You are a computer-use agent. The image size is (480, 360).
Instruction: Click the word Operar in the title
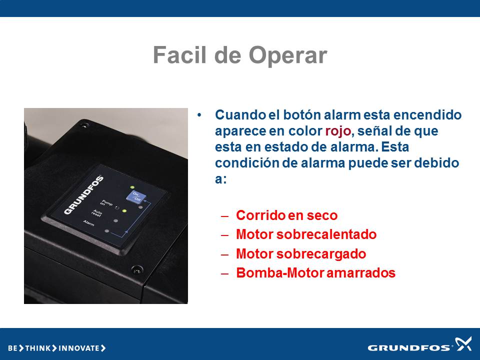pyautogui.click(x=288, y=55)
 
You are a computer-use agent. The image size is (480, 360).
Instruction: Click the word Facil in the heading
pyautogui.click(x=179, y=54)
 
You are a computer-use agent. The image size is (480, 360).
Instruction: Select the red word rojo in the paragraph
pyautogui.click(x=337, y=131)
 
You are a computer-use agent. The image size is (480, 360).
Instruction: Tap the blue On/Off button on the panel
pyautogui.click(x=135, y=196)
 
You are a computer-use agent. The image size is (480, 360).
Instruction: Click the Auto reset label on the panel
pyautogui.click(x=97, y=213)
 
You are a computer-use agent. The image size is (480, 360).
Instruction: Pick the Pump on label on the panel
pyautogui.click(x=106, y=203)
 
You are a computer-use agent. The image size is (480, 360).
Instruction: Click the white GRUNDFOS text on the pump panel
pyautogui.click(x=83, y=195)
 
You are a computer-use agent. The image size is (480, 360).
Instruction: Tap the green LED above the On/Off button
pyautogui.click(x=132, y=187)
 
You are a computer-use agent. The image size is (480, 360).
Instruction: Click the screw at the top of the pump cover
pyautogui.click(x=83, y=125)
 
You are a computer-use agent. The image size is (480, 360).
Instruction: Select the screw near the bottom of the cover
pyautogui.click(x=137, y=270)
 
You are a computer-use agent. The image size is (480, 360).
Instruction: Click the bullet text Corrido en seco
pyautogui.click(x=287, y=215)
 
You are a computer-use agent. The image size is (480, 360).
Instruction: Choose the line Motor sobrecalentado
pyautogui.click(x=306, y=234)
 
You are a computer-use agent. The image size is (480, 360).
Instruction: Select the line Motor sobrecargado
pyautogui.click(x=301, y=254)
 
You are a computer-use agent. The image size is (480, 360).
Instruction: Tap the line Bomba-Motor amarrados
pyautogui.click(x=315, y=273)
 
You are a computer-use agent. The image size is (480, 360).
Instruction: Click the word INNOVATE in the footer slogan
pyautogui.click(x=78, y=348)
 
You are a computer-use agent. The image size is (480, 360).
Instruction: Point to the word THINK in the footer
pyautogui.click(x=37, y=348)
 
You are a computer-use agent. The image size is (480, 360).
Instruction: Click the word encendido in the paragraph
pyautogui.click(x=427, y=115)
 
